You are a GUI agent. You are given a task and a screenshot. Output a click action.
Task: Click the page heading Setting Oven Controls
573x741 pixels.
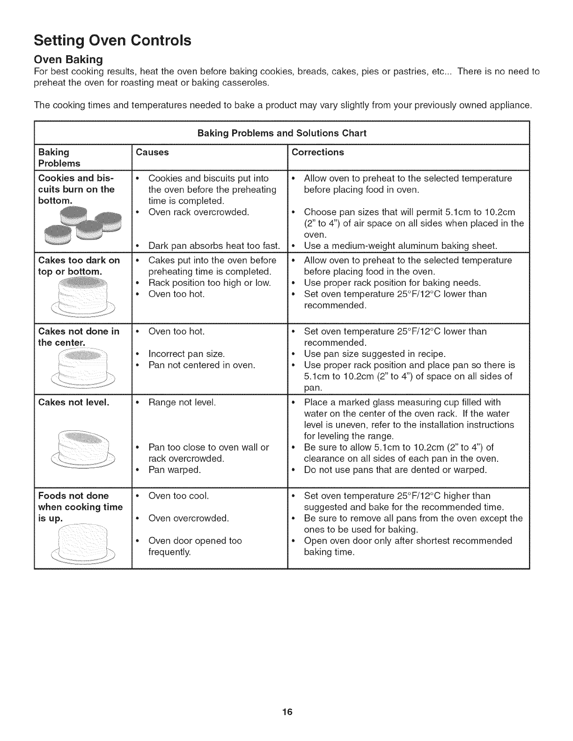[112, 41]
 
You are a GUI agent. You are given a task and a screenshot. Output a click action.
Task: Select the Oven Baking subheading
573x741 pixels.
[68, 59]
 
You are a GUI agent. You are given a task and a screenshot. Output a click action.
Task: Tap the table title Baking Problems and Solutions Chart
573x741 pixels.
[282, 133]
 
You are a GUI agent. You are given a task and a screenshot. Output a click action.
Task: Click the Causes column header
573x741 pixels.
[152, 152]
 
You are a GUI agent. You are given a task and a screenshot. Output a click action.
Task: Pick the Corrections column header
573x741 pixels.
[318, 152]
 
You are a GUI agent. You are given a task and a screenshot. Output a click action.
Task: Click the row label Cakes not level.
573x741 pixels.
[74, 402]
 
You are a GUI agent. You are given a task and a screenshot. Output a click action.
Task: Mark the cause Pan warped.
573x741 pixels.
[174, 470]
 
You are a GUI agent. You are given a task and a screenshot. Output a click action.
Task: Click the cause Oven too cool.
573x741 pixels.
[178, 496]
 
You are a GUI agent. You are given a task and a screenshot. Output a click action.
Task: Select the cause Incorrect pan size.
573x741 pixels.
[186, 354]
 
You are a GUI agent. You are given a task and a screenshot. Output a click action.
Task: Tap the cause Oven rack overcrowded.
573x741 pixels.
[198, 212]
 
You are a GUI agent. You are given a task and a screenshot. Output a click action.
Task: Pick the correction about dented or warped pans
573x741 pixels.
[396, 470]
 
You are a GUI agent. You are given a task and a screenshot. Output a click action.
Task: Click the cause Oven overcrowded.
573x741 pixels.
[188, 518]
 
